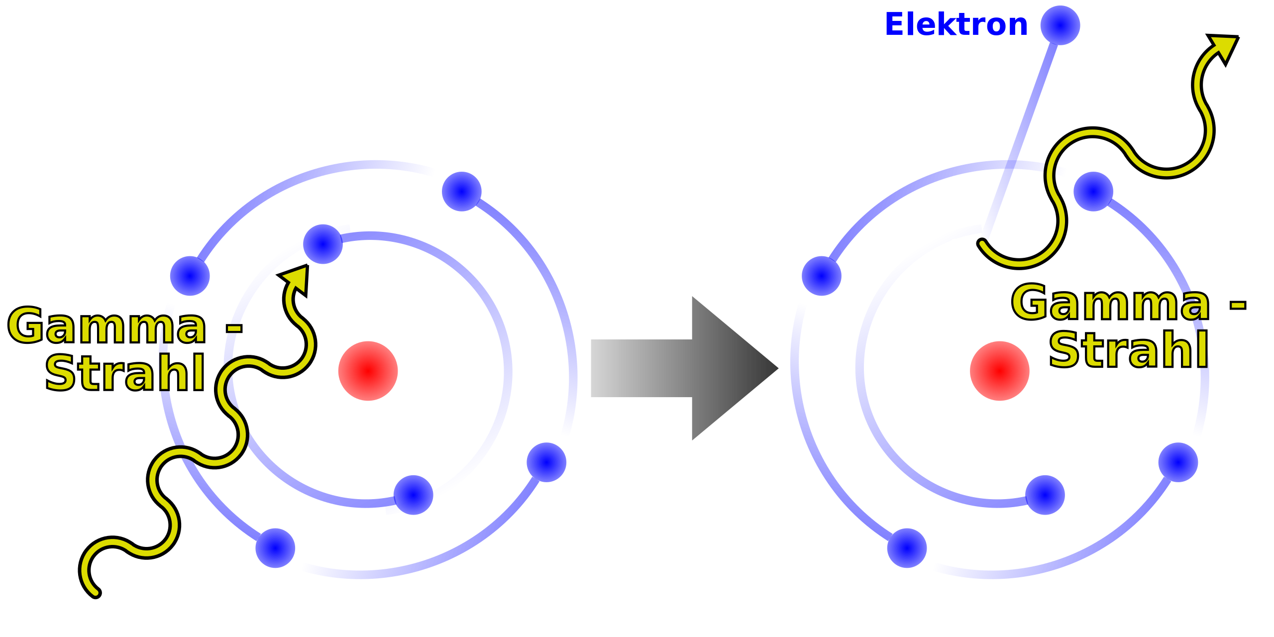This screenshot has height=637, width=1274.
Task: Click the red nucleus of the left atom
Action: tap(368, 371)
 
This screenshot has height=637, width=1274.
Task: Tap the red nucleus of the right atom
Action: tap(999, 371)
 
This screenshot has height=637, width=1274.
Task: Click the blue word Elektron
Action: tap(956, 25)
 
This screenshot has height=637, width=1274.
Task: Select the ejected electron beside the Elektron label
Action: tap(1060, 25)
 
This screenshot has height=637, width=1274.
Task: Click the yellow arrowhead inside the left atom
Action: tap(297, 279)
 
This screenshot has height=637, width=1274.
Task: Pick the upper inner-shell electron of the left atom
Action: tap(323, 244)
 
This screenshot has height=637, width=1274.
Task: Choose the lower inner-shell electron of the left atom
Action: tap(413, 495)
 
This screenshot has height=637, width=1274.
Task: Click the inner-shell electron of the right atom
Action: tap(1045, 495)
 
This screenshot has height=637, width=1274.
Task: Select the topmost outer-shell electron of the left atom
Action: tap(461, 192)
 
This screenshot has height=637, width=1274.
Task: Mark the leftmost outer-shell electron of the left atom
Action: tap(190, 276)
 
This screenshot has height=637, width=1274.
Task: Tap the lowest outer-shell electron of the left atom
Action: tap(275, 548)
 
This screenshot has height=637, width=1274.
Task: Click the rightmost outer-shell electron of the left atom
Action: tap(546, 462)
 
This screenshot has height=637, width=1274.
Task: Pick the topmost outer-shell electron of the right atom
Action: tap(1093, 192)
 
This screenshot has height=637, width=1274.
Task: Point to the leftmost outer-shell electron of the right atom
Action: tap(822, 276)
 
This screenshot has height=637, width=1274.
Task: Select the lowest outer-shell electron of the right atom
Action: tap(907, 548)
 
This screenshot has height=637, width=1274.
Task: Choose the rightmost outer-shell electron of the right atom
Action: tap(1178, 462)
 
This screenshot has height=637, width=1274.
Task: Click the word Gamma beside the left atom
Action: tap(107, 326)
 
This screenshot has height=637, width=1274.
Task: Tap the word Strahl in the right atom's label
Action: tap(1129, 350)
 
